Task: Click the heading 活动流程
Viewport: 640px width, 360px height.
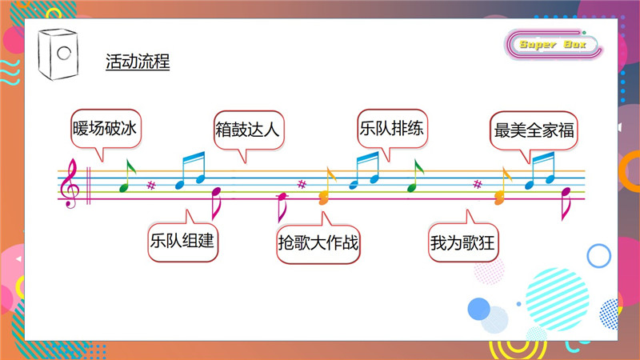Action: pos(138,62)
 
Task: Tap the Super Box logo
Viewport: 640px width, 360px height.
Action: pos(553,44)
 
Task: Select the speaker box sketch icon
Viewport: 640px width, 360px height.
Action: pos(58,54)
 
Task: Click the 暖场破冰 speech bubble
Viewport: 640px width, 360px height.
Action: pos(106,129)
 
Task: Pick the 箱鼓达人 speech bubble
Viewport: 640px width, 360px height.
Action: pos(249,130)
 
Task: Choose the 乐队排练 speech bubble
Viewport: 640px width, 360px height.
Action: pos(392,129)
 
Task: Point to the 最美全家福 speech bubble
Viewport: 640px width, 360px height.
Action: pos(534,130)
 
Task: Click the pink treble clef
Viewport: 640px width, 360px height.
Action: pos(69,183)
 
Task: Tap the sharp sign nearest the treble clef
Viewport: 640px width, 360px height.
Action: pos(151,186)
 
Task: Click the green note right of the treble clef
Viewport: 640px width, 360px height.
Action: pos(127,175)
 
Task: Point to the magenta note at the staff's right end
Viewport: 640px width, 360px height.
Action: pos(565,204)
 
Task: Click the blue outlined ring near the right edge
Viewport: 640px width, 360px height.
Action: pos(598,256)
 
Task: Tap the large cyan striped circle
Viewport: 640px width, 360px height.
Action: pos(557,299)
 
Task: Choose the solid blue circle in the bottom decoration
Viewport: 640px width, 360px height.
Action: pos(478,309)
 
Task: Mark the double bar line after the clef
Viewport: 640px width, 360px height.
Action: pos(88,186)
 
